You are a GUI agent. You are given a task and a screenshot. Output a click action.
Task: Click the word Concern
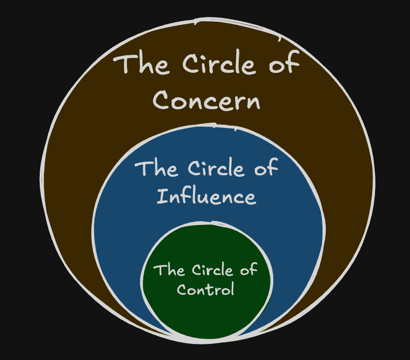[206, 100]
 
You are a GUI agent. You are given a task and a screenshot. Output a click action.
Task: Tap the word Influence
[206, 196]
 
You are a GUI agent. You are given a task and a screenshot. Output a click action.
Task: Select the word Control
[206, 289]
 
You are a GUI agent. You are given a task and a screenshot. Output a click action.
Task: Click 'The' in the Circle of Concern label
[141, 64]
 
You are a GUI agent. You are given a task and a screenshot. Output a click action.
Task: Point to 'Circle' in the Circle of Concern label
[219, 63]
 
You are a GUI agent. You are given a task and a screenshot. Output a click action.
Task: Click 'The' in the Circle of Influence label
[156, 169]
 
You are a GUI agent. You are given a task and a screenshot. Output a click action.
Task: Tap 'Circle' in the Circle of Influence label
[216, 168]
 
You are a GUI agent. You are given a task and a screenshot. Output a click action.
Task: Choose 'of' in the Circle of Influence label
[266, 167]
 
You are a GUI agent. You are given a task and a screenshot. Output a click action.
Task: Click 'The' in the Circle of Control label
[169, 270]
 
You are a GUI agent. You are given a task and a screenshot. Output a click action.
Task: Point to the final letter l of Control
[232, 289]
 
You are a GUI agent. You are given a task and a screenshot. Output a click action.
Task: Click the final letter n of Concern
[253, 103]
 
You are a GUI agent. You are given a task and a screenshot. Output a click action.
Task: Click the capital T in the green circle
[159, 270]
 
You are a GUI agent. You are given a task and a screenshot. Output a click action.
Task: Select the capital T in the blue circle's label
[143, 169]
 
